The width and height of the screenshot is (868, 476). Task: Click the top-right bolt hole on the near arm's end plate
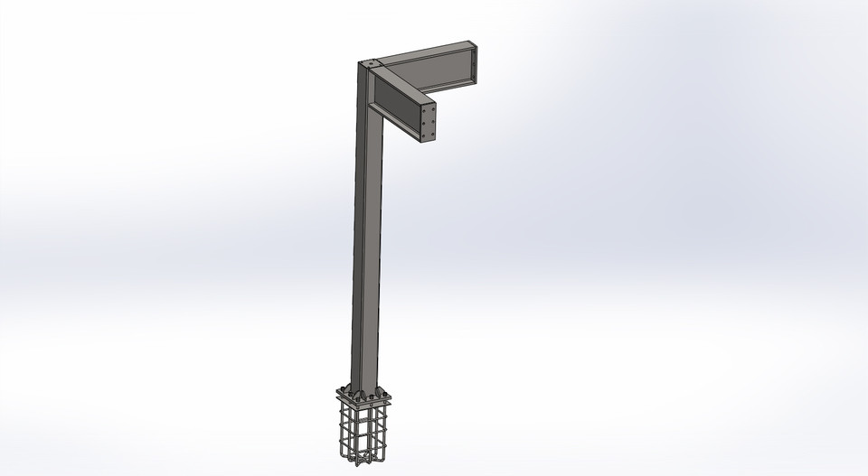click(434, 108)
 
